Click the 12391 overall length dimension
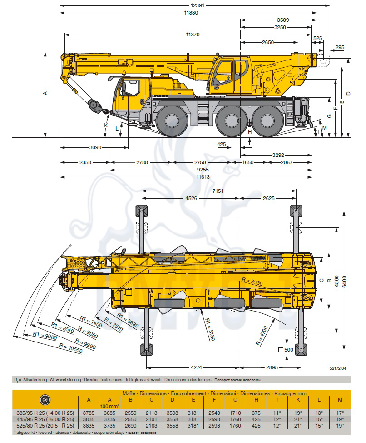pyautogui.click(x=198, y=5)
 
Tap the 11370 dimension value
pyautogui.click(x=193, y=35)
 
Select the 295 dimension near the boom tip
pyautogui.click(x=340, y=47)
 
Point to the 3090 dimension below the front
pyautogui.click(x=95, y=147)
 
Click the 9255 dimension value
pyautogui.click(x=203, y=170)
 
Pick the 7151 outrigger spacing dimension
pyautogui.click(x=218, y=191)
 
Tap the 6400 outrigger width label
pyautogui.click(x=344, y=282)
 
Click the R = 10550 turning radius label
pyautogui.click(x=71, y=348)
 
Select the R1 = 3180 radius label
pyautogui.click(x=210, y=329)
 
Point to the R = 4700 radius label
pyautogui.click(x=262, y=336)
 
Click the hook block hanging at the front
pyautogui.click(x=96, y=107)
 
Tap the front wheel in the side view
pyautogui.click(x=172, y=121)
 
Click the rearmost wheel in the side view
pyautogui.click(x=267, y=121)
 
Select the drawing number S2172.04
pyautogui.click(x=337, y=368)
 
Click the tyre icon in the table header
pyautogui.click(x=45, y=399)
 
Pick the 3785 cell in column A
pyautogui.click(x=89, y=413)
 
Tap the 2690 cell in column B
pyautogui.click(x=131, y=425)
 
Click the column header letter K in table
pyautogui.click(x=298, y=399)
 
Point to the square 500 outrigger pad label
pyautogui.click(x=286, y=350)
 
